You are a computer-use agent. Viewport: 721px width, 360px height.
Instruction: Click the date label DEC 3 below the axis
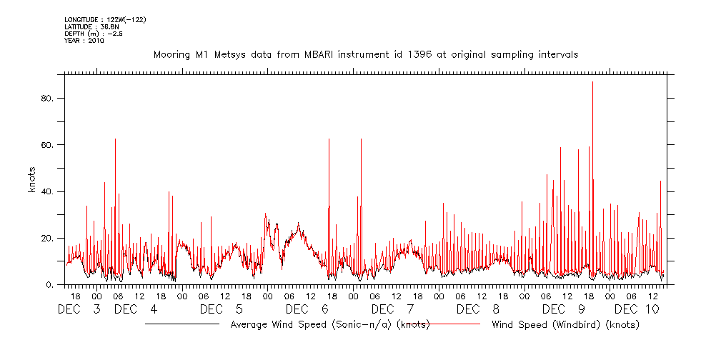[x=79, y=309]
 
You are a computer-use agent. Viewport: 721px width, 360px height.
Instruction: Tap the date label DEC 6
[x=307, y=309]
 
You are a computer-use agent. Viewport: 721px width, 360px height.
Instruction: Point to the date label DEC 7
[x=393, y=309]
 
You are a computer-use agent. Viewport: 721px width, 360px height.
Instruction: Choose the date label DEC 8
[x=479, y=309]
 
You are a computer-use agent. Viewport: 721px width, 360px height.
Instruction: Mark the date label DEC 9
[x=565, y=309]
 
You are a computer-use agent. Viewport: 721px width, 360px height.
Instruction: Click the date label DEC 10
[x=637, y=309]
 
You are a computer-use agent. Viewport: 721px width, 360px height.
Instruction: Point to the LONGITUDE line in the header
[x=105, y=19]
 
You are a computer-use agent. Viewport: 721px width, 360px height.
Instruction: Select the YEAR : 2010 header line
[x=84, y=41]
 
